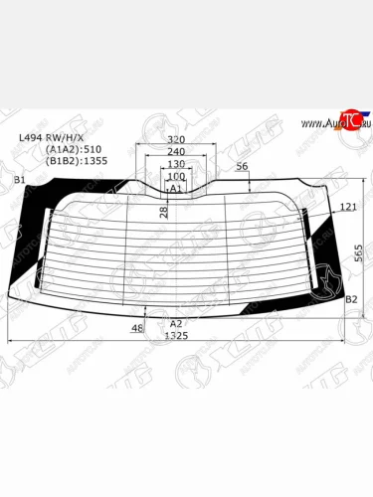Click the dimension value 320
point(176,140)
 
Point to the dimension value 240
point(176,152)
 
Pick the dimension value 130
point(176,164)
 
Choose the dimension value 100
point(176,176)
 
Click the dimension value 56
point(242,166)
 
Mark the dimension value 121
point(347,207)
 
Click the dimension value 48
point(137,328)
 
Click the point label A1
point(176,188)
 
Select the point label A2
point(176,324)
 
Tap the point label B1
point(19,179)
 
